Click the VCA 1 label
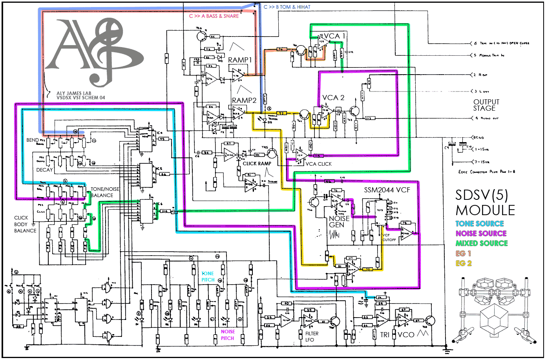pyautogui.click(x=334, y=36)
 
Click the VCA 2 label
pyautogui.click(x=333, y=98)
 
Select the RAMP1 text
pyautogui.click(x=240, y=60)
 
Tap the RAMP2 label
pyautogui.click(x=244, y=101)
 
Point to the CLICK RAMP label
pyautogui.click(x=257, y=164)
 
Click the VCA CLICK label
pyautogui.click(x=318, y=164)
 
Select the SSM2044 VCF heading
pyautogui.click(x=387, y=190)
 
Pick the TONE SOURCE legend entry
pyautogui.click(x=479, y=224)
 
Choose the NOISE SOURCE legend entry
pyautogui.click(x=481, y=234)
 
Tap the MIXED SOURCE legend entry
pyautogui.click(x=482, y=243)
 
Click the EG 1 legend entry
pyautogui.click(x=463, y=254)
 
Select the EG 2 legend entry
pyautogui.click(x=464, y=263)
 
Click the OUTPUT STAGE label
pyautogui.click(x=486, y=105)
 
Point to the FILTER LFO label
pyautogui.click(x=312, y=336)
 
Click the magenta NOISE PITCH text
pyautogui.click(x=228, y=335)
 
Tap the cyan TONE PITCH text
pyautogui.click(x=208, y=277)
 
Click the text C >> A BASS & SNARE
pyautogui.click(x=214, y=16)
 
